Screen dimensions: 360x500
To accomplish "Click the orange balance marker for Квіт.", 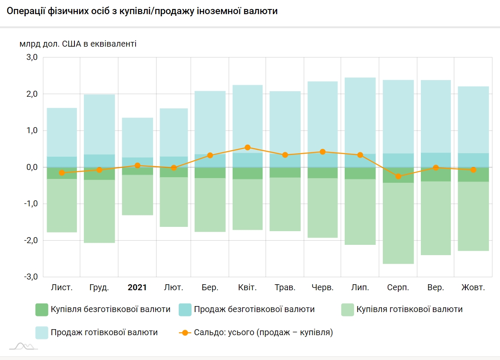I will click(x=247, y=147).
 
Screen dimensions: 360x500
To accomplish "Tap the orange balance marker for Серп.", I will click(x=398, y=176).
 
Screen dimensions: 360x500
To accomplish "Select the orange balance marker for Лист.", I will click(x=62, y=173).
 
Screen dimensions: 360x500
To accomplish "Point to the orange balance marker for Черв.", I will click(x=322, y=152).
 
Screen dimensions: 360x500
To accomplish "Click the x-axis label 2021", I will click(x=137, y=288).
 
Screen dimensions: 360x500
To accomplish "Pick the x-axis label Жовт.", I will click(x=473, y=288).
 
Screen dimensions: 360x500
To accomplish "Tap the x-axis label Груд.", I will click(x=99, y=288).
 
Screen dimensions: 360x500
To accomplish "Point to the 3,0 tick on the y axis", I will click(x=33, y=57).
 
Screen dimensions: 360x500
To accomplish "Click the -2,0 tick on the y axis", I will click(x=31, y=241).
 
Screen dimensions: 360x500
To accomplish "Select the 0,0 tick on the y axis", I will click(x=33, y=167).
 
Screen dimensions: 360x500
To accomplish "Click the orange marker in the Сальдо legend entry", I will click(x=185, y=333).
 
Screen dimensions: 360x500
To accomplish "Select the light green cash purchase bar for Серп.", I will click(x=398, y=223).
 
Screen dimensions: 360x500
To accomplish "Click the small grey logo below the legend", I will click(x=24, y=346).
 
